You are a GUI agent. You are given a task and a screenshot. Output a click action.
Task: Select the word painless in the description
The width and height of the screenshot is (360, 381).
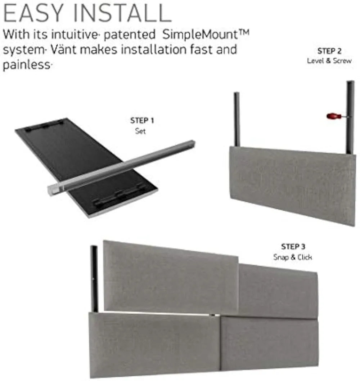25,65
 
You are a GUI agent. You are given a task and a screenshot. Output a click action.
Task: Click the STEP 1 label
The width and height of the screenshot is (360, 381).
142,121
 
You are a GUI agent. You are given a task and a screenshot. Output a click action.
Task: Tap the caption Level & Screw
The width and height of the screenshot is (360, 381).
329,60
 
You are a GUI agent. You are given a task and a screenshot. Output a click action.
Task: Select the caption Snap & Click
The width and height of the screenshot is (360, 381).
292,257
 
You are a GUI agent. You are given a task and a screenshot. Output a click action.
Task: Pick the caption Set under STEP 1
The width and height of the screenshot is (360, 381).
141,131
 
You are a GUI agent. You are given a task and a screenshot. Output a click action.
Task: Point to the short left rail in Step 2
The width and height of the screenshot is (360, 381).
237,119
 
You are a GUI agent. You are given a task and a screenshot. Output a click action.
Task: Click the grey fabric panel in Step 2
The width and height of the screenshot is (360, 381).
292,184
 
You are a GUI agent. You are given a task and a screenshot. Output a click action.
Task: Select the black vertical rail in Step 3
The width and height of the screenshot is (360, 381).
94,277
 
